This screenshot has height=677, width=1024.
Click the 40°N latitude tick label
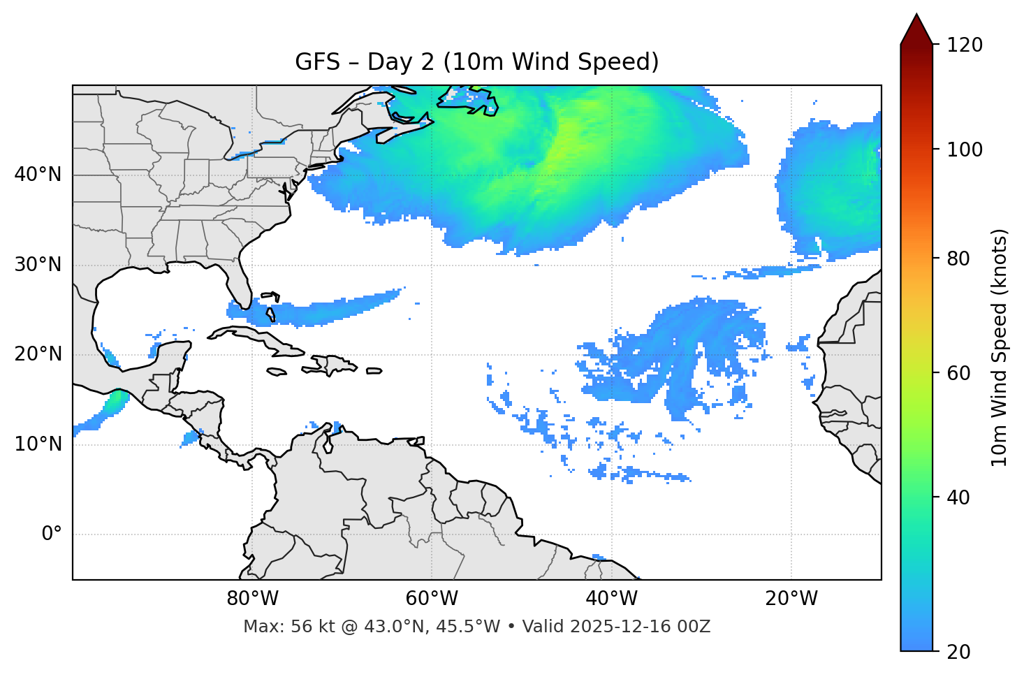click(x=38, y=175)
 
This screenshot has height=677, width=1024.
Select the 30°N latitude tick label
click(x=38, y=265)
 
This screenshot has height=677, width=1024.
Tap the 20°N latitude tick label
click(x=38, y=355)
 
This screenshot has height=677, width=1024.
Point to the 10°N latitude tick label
click(x=38, y=444)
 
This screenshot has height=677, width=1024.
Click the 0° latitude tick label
click(x=52, y=534)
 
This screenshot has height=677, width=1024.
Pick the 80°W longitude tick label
click(x=252, y=599)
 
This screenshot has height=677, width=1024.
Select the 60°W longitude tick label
click(x=432, y=599)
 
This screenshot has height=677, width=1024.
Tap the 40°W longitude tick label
click(x=612, y=599)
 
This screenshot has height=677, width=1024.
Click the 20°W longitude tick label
click(x=791, y=599)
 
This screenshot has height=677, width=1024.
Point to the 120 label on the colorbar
click(x=964, y=45)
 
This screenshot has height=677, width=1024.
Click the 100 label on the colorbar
click(x=964, y=150)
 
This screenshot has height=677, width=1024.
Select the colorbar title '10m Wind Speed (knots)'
click(x=1000, y=347)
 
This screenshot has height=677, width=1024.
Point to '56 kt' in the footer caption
click(x=306, y=627)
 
